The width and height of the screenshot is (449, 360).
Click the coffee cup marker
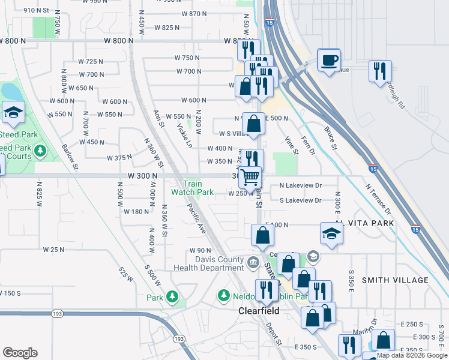click(x=328, y=61)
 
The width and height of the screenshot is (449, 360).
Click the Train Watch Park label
click(x=192, y=188)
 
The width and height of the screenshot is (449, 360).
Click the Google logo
click(x=20, y=352)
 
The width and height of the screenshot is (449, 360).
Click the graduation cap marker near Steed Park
click(x=12, y=112)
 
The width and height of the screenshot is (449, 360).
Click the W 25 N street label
click(x=53, y=249)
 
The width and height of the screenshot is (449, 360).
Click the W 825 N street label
click(x=167, y=28)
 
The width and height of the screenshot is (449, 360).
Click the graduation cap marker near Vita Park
click(x=331, y=234)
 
